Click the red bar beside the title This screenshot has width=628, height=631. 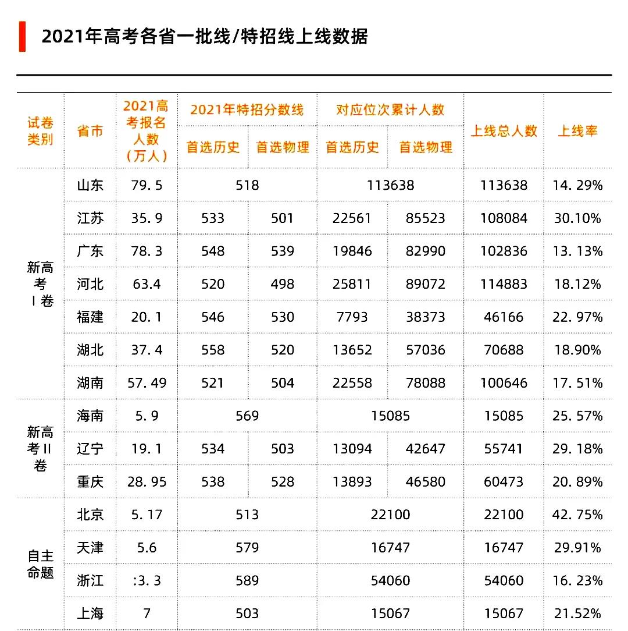point(22,36)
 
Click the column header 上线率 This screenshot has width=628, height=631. point(577,131)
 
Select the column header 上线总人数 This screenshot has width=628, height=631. point(504,131)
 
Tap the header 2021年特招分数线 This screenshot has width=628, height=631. point(247,109)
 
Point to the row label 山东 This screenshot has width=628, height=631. point(90,185)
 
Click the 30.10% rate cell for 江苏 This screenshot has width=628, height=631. point(577,218)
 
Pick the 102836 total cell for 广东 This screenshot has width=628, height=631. point(504,251)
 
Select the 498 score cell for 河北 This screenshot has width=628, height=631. point(283,284)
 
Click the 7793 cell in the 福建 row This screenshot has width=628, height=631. point(352,317)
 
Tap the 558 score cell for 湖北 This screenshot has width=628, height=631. point(213,350)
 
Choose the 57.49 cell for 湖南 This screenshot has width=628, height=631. point(147,383)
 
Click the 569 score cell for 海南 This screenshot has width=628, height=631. point(247,416)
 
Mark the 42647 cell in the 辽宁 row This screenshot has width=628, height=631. point(425,449)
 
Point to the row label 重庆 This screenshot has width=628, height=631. point(90,482)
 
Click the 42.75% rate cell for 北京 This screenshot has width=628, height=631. point(577,515)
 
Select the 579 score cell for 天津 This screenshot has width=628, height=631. point(247,548)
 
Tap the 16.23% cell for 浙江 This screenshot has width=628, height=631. point(577,580)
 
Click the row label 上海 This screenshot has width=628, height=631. point(90,614)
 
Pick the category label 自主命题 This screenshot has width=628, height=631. point(40,564)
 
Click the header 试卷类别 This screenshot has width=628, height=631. point(40,131)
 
